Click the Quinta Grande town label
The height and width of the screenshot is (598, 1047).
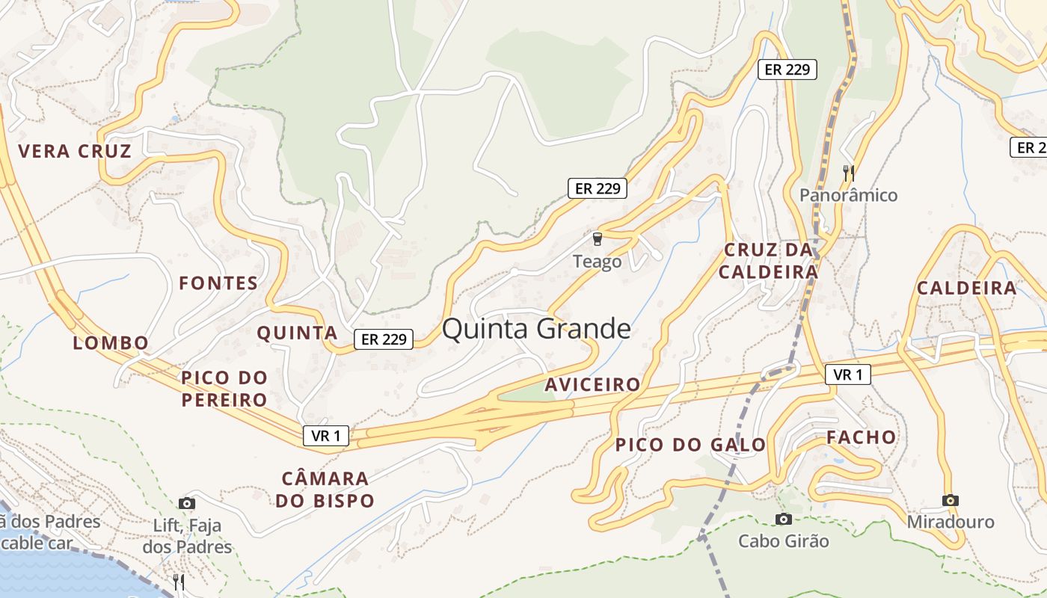536,330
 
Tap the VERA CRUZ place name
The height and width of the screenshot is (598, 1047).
75,152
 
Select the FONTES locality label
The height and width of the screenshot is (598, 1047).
218,283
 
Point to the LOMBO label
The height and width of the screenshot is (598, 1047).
111,343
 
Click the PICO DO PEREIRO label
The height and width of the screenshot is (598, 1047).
224,389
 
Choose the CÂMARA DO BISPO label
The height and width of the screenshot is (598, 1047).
325,490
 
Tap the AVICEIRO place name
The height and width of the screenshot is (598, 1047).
592,385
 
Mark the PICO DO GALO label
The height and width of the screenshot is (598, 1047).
690,446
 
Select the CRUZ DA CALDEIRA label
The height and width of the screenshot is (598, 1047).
768,261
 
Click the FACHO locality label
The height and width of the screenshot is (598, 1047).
861,438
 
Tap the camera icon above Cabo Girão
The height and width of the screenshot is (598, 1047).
783,519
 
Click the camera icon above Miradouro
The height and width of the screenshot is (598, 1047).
951,500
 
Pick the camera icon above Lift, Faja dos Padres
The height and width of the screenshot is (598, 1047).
187,504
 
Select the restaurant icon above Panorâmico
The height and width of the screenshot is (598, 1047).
848,173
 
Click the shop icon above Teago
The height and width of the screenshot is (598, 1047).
597,239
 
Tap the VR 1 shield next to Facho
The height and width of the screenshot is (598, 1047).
848,374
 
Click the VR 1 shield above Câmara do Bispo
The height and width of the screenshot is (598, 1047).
326,436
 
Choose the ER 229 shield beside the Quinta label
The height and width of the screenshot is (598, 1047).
383,339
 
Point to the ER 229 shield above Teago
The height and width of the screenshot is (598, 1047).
597,188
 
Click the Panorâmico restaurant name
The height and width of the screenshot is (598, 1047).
848,196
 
